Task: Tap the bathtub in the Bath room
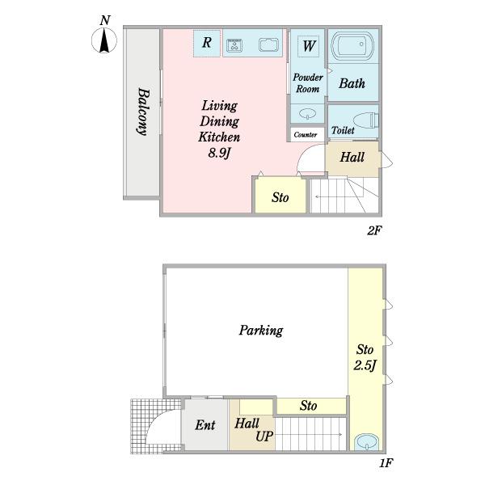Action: (352, 45)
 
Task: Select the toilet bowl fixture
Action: (365, 120)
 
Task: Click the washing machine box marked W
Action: (309, 46)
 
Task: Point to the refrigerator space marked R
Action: (207, 43)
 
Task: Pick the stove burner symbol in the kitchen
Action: (234, 45)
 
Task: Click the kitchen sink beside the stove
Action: (269, 44)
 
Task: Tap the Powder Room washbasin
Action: (308, 113)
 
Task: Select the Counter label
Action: (306, 134)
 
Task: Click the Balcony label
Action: (143, 112)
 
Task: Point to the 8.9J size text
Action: (219, 153)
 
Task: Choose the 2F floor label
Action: (374, 230)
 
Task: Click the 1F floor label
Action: (386, 463)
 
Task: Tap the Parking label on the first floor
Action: (261, 331)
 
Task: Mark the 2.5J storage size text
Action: (365, 365)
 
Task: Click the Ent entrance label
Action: (205, 425)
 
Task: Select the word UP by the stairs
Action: (264, 436)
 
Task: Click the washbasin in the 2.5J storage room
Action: (366, 441)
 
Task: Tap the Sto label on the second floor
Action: (280, 197)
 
